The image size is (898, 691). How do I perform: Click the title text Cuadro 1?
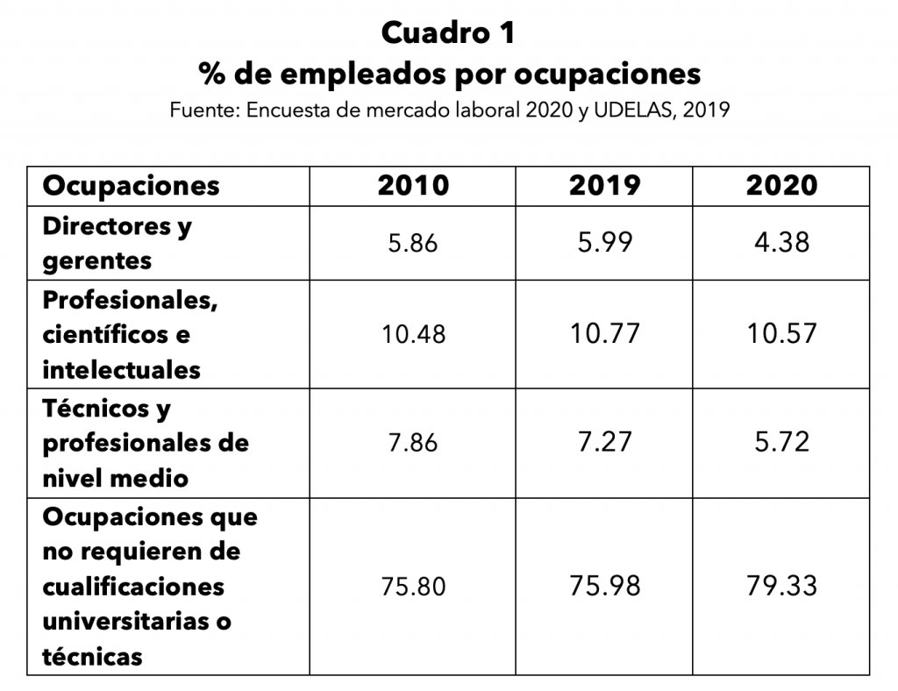click(x=448, y=32)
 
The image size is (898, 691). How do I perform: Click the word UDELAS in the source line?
click(x=631, y=110)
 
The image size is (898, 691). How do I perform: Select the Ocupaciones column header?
click(x=132, y=187)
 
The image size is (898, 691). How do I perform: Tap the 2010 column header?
click(x=413, y=186)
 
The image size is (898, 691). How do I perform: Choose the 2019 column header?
click(x=604, y=186)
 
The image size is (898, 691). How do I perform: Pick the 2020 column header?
click(x=781, y=186)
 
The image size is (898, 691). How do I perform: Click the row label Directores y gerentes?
click(x=118, y=243)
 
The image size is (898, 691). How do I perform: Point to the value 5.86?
click(x=413, y=243)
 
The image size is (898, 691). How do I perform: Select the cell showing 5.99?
click(x=605, y=242)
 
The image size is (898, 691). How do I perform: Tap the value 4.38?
click(x=781, y=242)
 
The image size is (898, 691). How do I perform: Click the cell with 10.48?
click(x=414, y=334)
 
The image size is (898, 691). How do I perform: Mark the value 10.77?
click(x=605, y=334)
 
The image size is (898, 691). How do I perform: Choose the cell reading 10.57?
click(x=781, y=334)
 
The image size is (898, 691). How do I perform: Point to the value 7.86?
click(x=413, y=443)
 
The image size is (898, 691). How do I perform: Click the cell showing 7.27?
click(x=605, y=442)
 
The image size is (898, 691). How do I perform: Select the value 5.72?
click(x=781, y=442)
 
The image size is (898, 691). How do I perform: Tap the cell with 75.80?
click(x=414, y=587)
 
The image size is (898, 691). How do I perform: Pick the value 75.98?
click(x=605, y=587)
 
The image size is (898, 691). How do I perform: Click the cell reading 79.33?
click(x=781, y=587)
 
